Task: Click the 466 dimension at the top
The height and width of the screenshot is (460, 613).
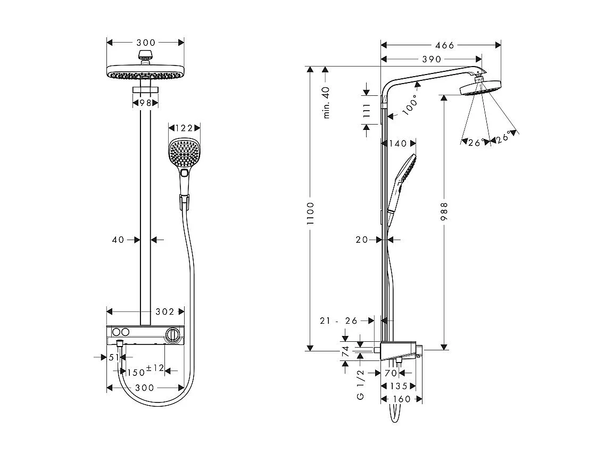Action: [x=444, y=45]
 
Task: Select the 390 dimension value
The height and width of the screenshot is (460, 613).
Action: [x=432, y=60]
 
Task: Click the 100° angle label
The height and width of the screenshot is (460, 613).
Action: [x=410, y=107]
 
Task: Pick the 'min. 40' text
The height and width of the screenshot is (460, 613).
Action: [x=327, y=102]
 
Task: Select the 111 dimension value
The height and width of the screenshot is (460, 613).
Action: [x=367, y=111]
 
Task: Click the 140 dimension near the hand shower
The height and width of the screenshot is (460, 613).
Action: [x=398, y=143]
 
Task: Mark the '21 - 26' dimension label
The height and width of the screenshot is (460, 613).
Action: [x=339, y=321]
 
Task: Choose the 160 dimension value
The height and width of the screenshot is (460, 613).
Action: [x=402, y=399]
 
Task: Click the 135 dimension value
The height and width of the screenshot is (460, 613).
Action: [x=398, y=386]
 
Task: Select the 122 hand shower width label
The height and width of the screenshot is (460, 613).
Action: [x=184, y=128]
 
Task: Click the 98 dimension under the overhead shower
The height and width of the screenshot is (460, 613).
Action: [x=145, y=102]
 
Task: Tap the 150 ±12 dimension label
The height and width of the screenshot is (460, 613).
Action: [x=145, y=372]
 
